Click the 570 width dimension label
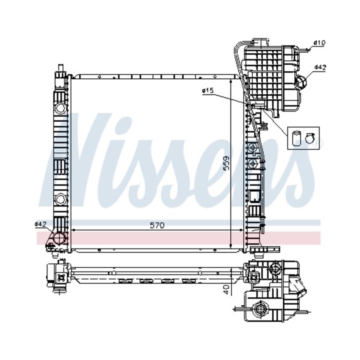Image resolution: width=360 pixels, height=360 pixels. click(157, 225)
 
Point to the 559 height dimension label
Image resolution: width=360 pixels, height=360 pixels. click(226, 163)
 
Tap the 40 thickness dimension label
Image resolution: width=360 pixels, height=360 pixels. click(226, 289)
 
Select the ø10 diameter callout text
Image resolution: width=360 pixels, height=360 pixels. click(319, 43)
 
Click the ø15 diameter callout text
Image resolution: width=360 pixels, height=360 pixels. click(207, 90)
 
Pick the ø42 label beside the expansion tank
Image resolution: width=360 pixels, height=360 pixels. click(320, 67)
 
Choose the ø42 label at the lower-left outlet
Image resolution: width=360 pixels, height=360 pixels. click(40, 223)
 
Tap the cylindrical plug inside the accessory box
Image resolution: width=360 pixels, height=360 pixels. click(296, 137)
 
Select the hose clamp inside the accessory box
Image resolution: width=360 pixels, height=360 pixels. click(310, 137)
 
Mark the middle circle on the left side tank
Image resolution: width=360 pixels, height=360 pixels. click(60, 198)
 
